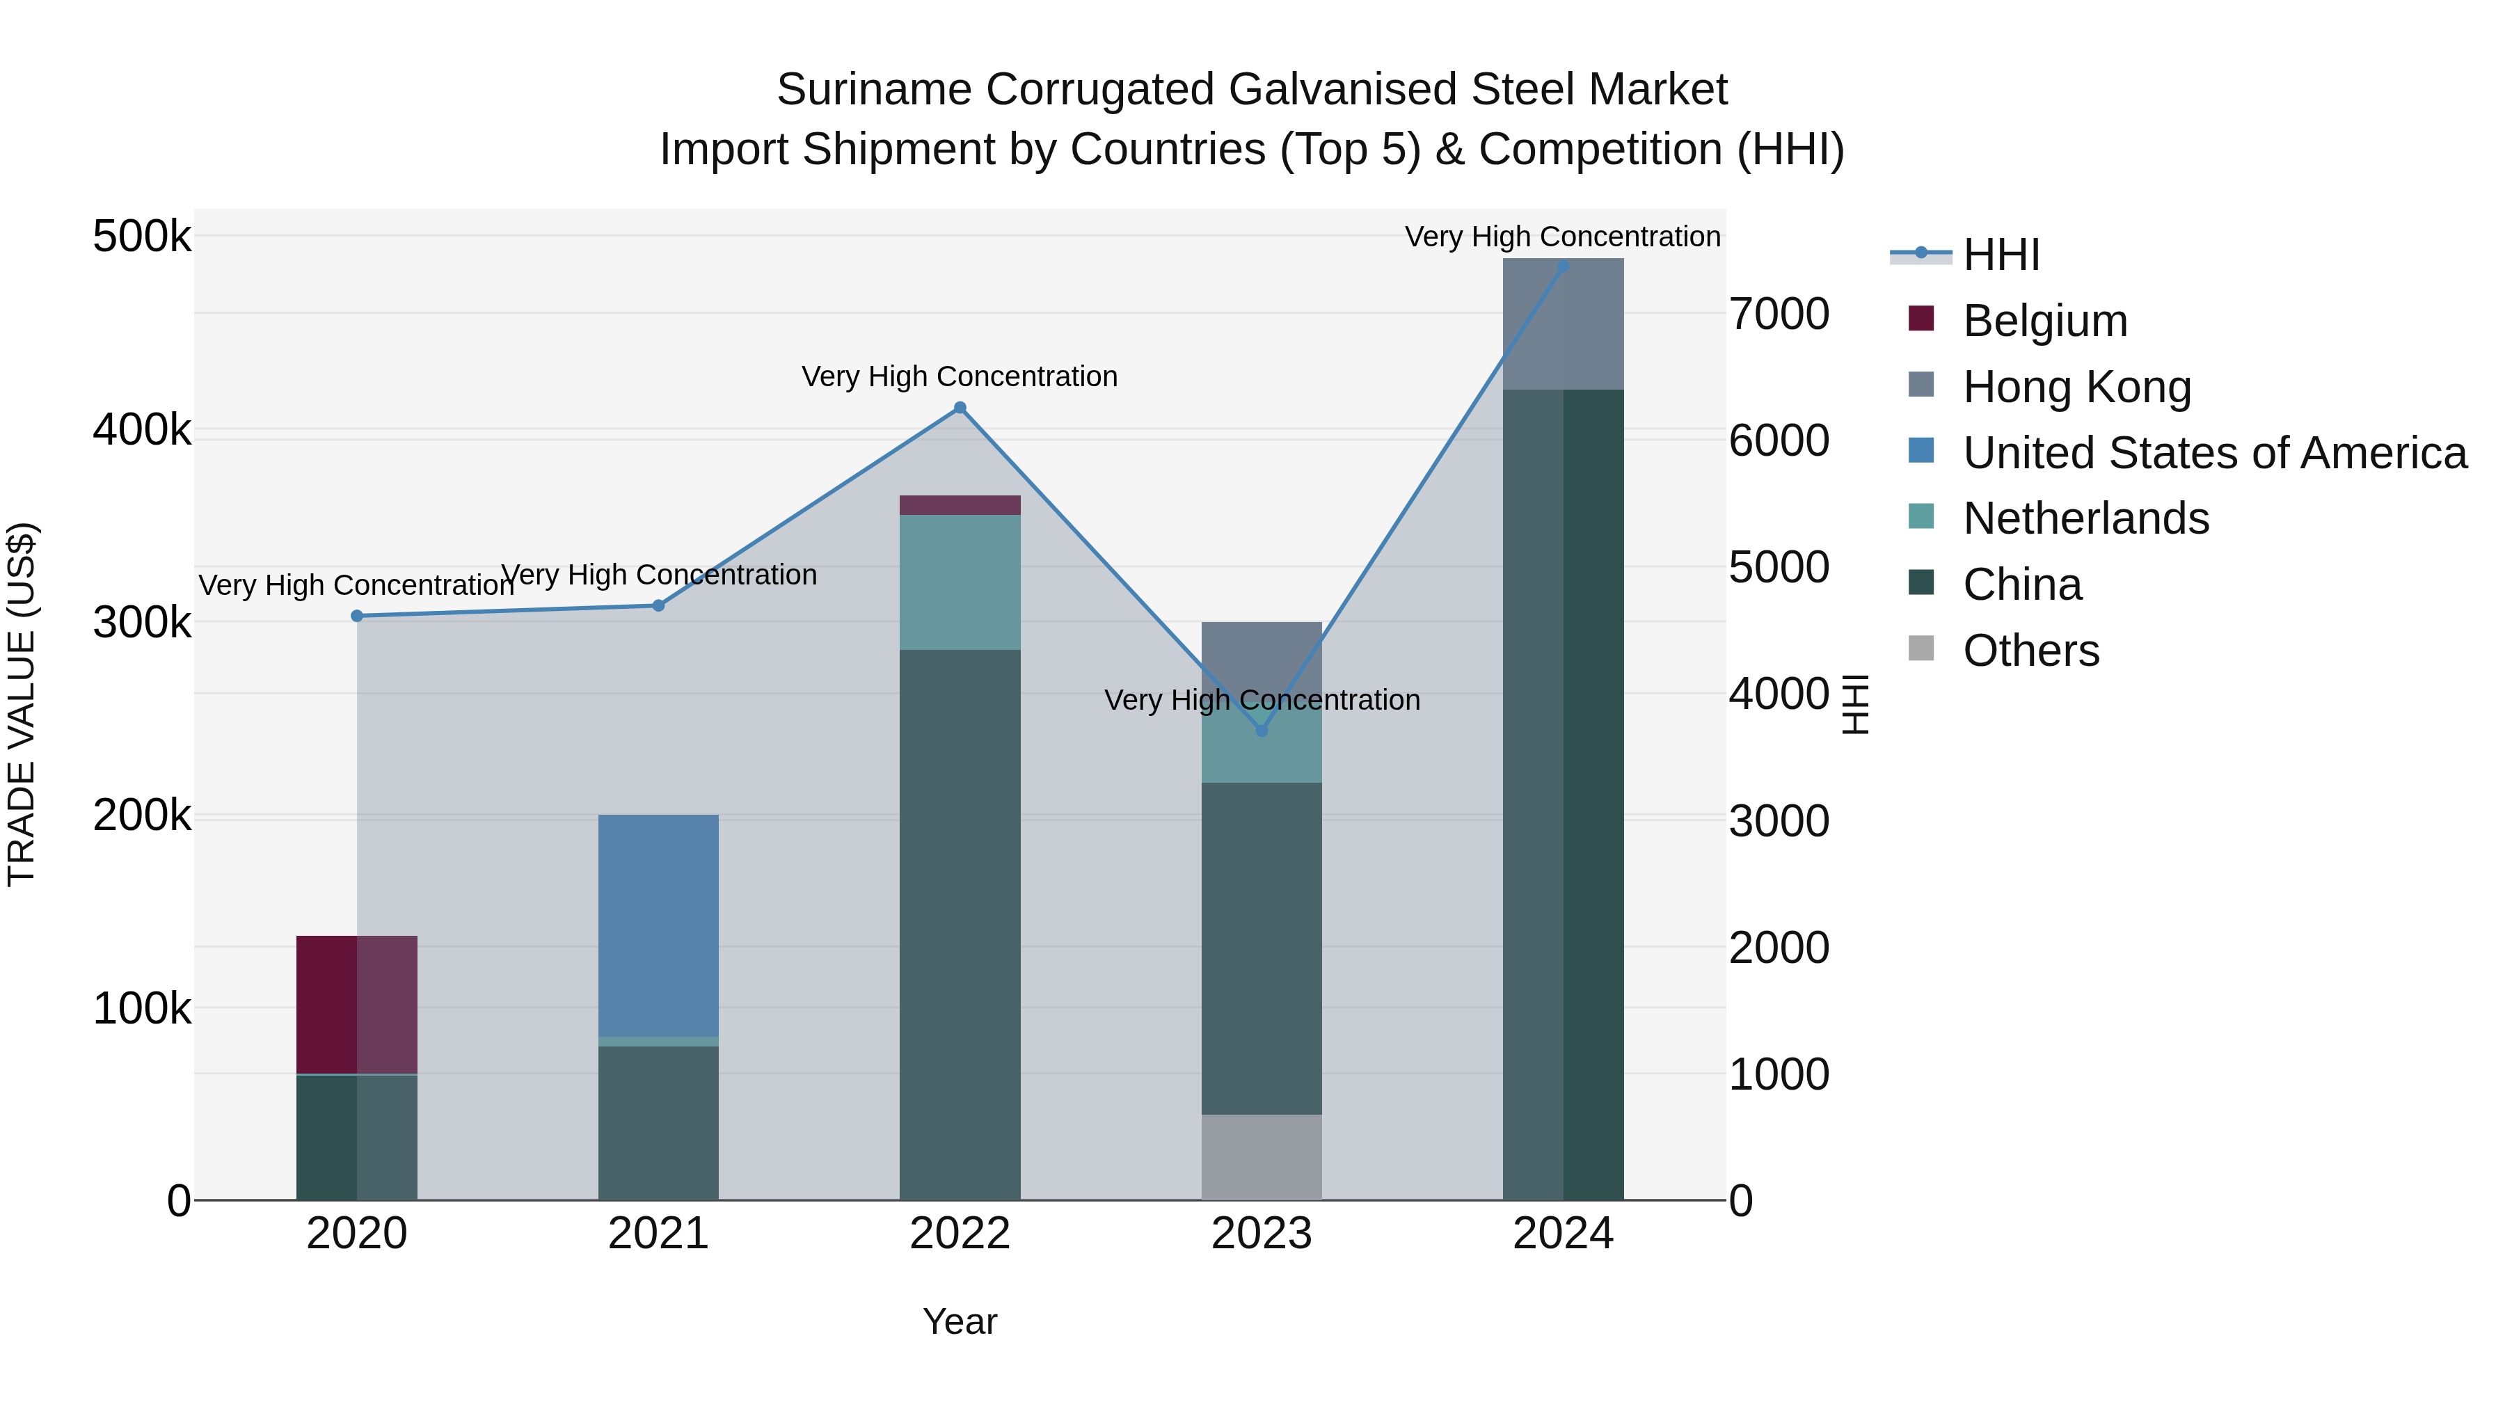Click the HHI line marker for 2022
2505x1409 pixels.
tap(960, 408)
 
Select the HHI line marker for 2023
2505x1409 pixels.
tap(1262, 731)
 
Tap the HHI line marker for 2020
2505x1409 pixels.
tap(357, 616)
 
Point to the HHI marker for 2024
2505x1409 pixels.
tap(1563, 266)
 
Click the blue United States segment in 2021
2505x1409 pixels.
tap(658, 924)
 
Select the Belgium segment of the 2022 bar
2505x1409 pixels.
tap(960, 504)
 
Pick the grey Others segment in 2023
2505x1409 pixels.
tap(1262, 1156)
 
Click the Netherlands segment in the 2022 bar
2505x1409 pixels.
tap(960, 582)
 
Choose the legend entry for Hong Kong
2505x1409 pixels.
tap(2076, 386)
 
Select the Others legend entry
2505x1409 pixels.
tap(2030, 651)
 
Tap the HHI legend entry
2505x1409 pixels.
tap(2001, 255)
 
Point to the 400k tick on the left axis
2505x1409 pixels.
tap(142, 429)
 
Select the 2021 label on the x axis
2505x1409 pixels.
tap(658, 1234)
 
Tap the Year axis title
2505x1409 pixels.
tap(960, 1321)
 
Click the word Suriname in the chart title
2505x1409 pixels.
tap(873, 90)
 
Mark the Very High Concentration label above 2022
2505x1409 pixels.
tap(960, 376)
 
